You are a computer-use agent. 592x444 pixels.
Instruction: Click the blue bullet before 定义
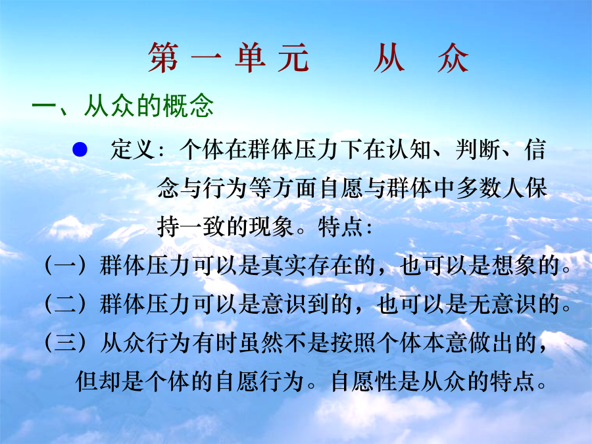click(x=80, y=149)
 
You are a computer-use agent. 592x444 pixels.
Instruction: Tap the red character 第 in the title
click(x=162, y=58)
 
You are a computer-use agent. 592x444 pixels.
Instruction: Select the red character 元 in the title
click(x=294, y=58)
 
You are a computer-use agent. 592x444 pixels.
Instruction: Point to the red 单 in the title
click(x=250, y=58)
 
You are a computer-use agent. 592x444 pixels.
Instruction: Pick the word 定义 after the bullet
click(x=132, y=149)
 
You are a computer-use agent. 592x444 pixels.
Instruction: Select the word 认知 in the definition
click(x=408, y=149)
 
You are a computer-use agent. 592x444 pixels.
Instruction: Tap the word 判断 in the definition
click(x=478, y=149)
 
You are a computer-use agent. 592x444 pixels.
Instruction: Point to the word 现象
click(x=271, y=227)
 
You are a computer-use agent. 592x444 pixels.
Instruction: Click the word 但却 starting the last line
click(x=98, y=382)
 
